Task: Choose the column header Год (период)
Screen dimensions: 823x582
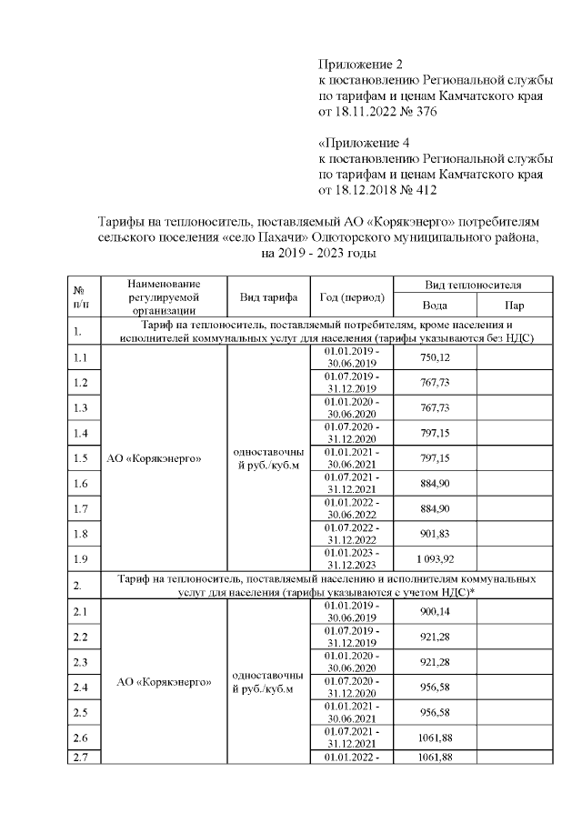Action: point(352,296)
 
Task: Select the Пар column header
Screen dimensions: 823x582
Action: point(514,306)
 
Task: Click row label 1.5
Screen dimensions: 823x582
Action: point(80,457)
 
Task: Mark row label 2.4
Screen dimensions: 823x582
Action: point(80,686)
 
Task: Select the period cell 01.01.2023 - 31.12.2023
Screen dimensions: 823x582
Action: point(352,557)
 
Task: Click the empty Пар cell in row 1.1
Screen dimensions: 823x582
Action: point(514,357)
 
